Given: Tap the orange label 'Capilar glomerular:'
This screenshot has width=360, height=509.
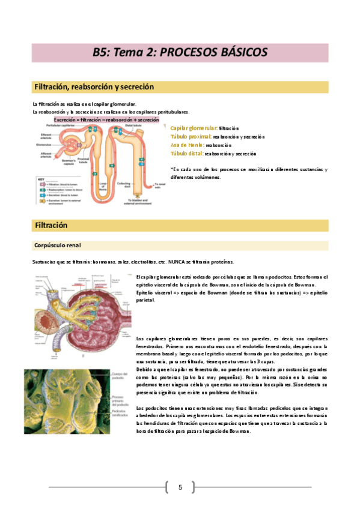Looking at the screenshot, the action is click(194, 128).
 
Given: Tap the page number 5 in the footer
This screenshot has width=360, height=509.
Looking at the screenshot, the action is click(180, 487).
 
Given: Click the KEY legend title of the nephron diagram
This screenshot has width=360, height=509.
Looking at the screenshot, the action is click(41, 179).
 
